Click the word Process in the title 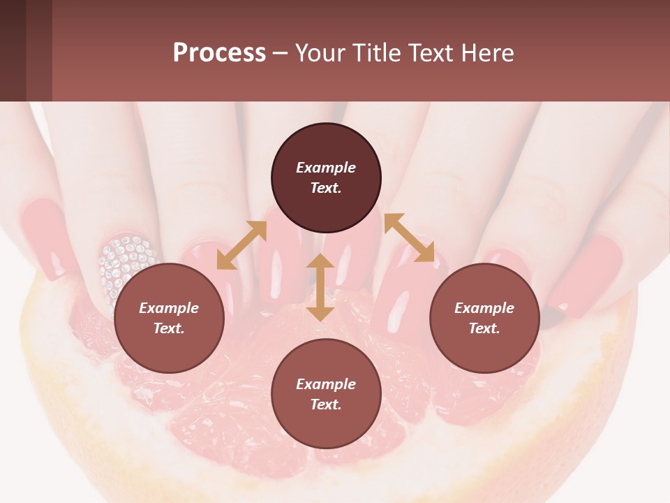click(219, 52)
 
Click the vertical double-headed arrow click(320, 287)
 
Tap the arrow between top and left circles click(241, 245)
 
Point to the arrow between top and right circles click(409, 238)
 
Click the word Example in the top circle click(326, 168)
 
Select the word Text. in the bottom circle click(326, 404)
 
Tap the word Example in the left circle click(169, 308)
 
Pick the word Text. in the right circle click(484, 328)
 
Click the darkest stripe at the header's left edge click(13, 50)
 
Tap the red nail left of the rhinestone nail click(45, 238)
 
